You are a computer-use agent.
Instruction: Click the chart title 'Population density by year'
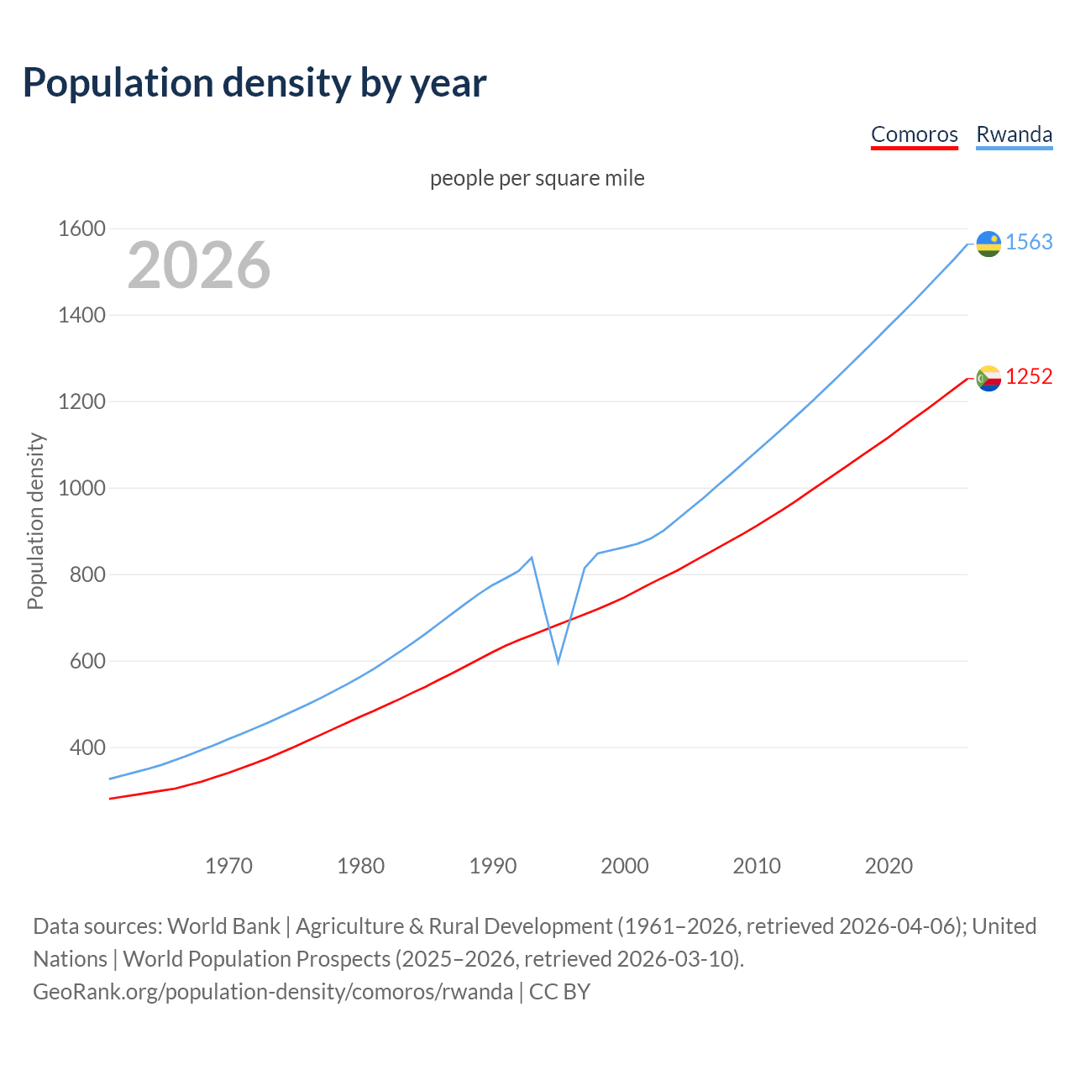254,83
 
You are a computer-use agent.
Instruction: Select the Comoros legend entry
914,135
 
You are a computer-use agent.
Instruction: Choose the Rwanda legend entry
1014,135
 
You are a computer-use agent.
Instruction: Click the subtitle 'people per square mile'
537,179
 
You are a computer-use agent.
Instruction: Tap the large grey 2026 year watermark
199,265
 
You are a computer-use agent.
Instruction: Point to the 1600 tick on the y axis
81,229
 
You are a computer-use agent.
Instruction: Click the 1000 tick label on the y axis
81,489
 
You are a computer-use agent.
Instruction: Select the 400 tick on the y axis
87,747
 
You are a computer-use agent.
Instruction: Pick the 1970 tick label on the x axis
228,866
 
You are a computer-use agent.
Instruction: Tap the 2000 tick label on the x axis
625,866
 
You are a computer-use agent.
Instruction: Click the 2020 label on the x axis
889,866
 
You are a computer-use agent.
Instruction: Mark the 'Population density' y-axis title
35,521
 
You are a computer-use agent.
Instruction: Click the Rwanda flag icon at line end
988,244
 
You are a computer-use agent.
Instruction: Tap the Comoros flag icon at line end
988,379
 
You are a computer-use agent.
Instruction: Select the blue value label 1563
1029,243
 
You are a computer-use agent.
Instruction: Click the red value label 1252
1029,377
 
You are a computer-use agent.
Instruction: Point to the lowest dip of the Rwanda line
558,663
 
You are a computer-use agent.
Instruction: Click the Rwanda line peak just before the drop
532,558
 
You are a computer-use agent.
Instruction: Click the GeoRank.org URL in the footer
273,992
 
